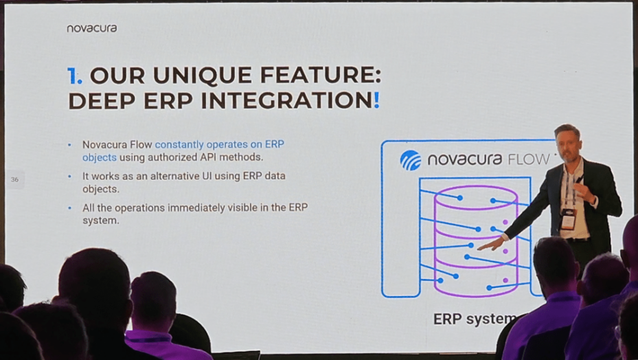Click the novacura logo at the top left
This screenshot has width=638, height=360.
[91, 28]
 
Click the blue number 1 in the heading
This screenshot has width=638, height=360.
[72, 76]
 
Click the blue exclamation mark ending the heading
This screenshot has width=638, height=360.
[376, 100]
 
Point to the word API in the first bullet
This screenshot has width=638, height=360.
[208, 157]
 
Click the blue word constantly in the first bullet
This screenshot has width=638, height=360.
[179, 144]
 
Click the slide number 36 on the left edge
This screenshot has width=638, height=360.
[14, 179]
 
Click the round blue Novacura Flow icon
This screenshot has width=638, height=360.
[411, 160]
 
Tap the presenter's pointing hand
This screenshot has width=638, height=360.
[492, 245]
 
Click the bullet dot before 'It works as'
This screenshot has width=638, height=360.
[69, 177]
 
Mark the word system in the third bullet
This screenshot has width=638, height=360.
[100, 221]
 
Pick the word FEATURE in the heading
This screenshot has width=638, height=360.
[320, 76]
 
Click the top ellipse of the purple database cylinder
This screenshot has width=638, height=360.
[476, 198]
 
